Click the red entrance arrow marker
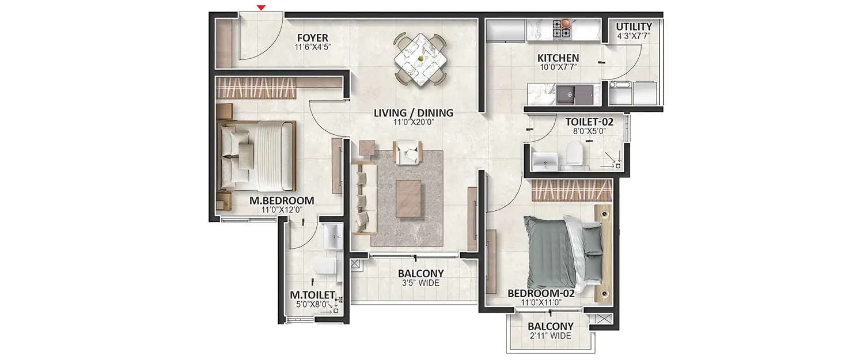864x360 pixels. [x=262, y=7]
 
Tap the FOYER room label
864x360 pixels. [x=312, y=39]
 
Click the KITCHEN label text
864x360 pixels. [x=558, y=58]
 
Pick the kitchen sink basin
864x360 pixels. [x=567, y=94]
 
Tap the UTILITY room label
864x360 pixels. [x=634, y=26]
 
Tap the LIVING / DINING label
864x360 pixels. [x=413, y=113]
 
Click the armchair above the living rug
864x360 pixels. [x=408, y=152]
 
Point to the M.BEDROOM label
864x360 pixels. [x=281, y=200]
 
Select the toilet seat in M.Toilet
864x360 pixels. [x=326, y=266]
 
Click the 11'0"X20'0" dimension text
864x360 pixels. [x=413, y=123]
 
